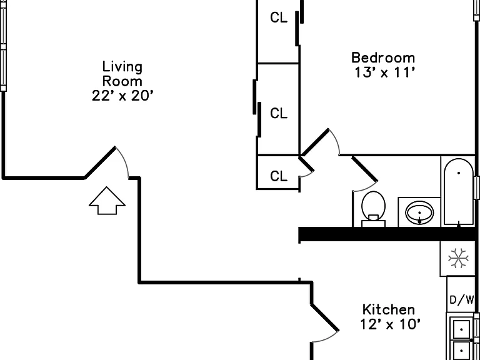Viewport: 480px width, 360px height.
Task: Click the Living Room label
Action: [x=122, y=74]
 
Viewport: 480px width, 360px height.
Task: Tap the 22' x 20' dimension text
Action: [x=122, y=96]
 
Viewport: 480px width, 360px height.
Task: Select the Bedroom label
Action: [x=383, y=58]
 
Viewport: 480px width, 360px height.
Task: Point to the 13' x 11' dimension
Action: [x=385, y=72]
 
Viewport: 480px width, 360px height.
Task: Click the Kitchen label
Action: [x=389, y=309]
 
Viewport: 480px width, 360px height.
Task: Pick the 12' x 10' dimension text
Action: [x=390, y=324]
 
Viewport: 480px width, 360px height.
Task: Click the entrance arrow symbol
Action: [x=107, y=201]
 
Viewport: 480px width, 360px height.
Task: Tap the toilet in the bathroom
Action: [x=373, y=209]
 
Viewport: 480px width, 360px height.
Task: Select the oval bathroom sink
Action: [x=420, y=212]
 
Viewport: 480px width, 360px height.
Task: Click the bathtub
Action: [x=459, y=192]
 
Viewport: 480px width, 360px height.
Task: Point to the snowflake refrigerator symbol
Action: [x=458, y=258]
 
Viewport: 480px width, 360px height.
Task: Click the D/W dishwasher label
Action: [x=462, y=300]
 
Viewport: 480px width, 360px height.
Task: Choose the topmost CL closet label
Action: [x=279, y=17]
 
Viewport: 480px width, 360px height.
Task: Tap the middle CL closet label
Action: [x=279, y=113]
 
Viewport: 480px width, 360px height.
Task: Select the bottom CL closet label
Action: [x=279, y=176]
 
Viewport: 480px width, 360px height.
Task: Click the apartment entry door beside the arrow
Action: [x=100, y=162]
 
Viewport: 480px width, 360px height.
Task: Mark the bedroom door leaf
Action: [x=315, y=142]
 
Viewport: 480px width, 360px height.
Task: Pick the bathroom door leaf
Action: [x=365, y=169]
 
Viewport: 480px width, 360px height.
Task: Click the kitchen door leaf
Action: [x=325, y=317]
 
